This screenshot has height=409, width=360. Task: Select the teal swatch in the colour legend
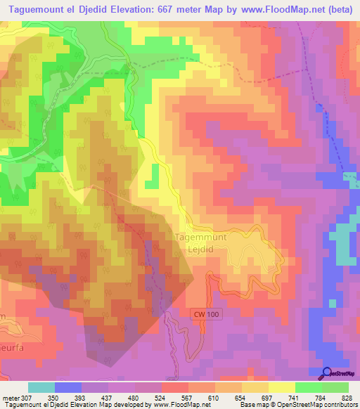41,388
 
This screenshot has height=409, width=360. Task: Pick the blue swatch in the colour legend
68,388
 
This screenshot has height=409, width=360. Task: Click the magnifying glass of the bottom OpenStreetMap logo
327,373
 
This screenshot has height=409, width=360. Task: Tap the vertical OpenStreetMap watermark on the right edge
352,239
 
